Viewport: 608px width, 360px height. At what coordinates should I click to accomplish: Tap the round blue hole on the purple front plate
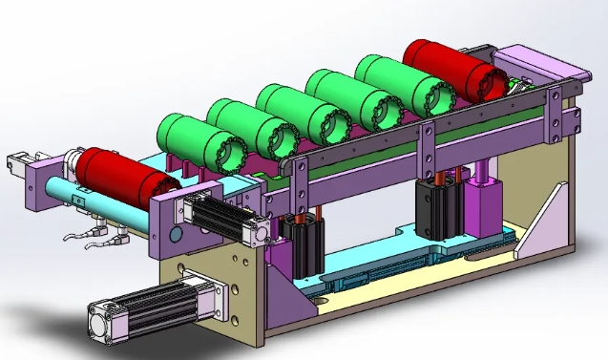[176, 233]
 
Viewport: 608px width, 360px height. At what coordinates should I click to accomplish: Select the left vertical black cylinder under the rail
[306, 247]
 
